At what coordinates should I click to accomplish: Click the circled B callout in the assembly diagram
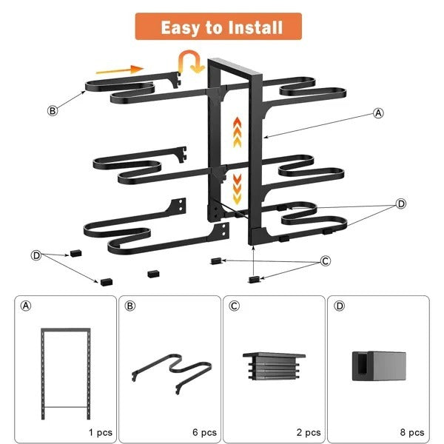[x=52, y=111]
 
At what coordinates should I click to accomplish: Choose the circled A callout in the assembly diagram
[x=378, y=113]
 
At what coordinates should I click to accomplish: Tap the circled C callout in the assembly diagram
[x=325, y=261]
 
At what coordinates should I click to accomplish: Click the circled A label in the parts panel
[x=26, y=305]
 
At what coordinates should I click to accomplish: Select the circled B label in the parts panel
[x=129, y=305]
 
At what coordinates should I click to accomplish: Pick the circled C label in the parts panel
[x=234, y=305]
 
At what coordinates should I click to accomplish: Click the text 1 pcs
[x=99, y=432]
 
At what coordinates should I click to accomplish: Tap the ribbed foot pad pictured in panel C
[x=273, y=366]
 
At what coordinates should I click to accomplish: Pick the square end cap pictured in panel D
[x=377, y=364]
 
